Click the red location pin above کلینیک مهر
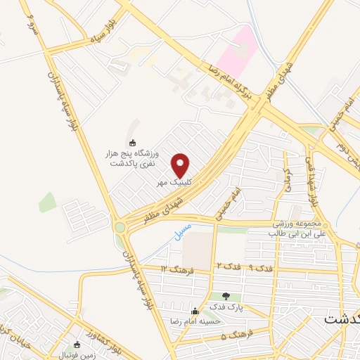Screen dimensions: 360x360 (181, 165)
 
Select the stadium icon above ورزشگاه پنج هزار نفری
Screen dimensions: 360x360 (133, 143)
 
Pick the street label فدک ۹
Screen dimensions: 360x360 (260, 267)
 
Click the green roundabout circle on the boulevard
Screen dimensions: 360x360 (120, 226)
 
